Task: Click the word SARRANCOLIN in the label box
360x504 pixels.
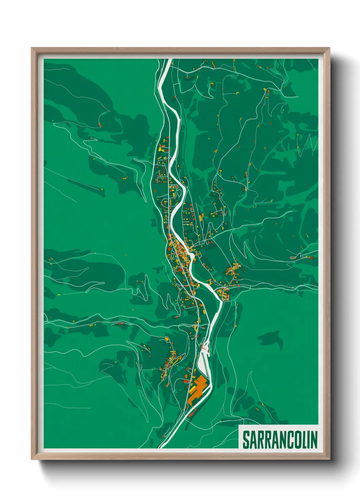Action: coord(280,440)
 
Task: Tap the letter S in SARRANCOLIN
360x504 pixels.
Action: coord(246,440)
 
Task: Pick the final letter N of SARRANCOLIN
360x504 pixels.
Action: coord(314,440)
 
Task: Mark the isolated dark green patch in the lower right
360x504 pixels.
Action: coord(271,338)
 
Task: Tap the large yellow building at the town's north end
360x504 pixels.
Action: coord(162,148)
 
